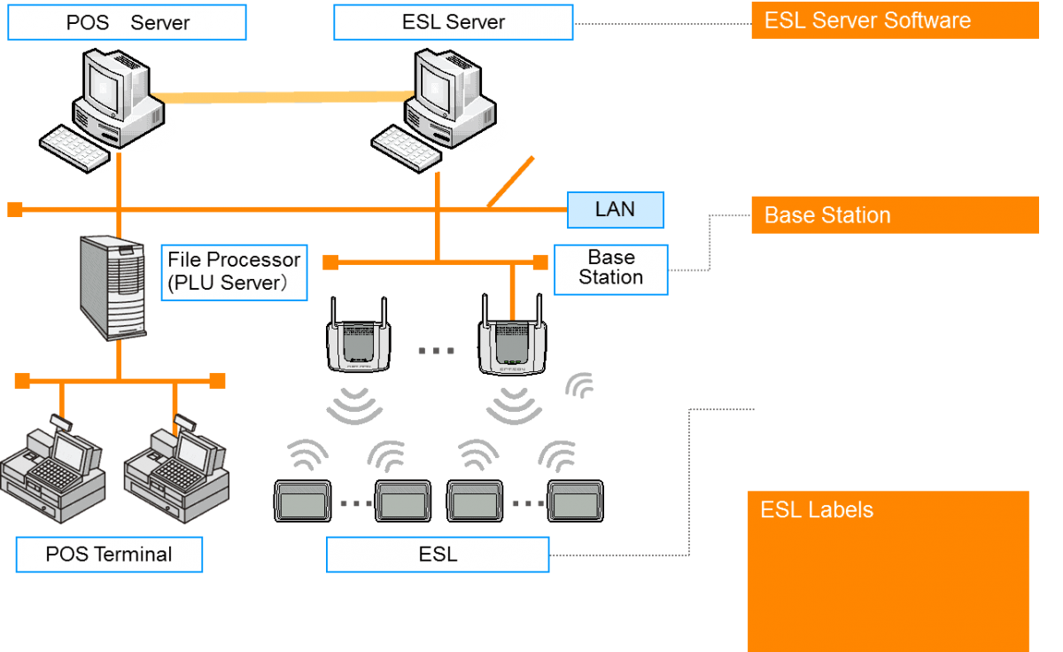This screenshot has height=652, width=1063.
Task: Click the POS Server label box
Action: pyautogui.click(x=127, y=22)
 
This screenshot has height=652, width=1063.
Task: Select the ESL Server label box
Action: pyautogui.click(x=453, y=22)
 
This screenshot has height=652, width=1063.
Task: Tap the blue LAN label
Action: pyautogui.click(x=615, y=210)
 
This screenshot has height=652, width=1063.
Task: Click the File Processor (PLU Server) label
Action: pyautogui.click(x=234, y=272)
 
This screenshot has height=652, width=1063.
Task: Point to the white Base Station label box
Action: pyautogui.click(x=610, y=268)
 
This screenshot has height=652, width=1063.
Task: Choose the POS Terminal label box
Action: pyautogui.click(x=109, y=555)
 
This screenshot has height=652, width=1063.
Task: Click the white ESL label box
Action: pyautogui.click(x=438, y=555)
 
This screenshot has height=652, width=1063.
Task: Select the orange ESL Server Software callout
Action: pyautogui.click(x=894, y=20)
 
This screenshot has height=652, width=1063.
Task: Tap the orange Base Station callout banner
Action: pyautogui.click(x=894, y=215)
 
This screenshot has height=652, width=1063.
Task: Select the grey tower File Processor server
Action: pyautogui.click(x=113, y=287)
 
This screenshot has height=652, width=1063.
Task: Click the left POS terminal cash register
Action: pyautogui.click(x=53, y=474)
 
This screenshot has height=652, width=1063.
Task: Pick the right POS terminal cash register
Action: pyautogui.click(x=176, y=474)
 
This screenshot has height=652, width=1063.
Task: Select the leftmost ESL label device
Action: pyautogui.click(x=303, y=501)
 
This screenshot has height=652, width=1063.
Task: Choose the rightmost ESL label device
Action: pyautogui.click(x=576, y=501)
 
